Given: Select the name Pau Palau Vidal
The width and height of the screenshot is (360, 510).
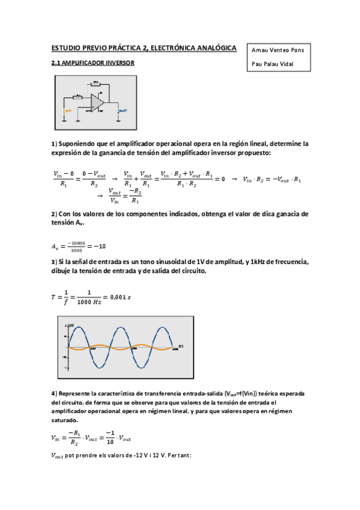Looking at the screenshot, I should click(x=273, y=64).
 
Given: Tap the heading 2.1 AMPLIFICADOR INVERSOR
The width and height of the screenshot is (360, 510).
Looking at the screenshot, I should click(x=93, y=63).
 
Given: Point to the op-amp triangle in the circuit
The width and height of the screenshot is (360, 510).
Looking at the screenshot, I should click(x=97, y=102).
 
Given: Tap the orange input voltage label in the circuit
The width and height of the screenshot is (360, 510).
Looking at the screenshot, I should click(x=68, y=111).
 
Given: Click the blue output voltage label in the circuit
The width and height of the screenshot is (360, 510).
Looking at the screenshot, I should click(x=123, y=111).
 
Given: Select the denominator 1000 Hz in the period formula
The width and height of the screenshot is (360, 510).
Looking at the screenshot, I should click(x=89, y=302).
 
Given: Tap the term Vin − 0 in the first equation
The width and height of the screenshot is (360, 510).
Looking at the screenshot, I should click(x=64, y=174).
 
